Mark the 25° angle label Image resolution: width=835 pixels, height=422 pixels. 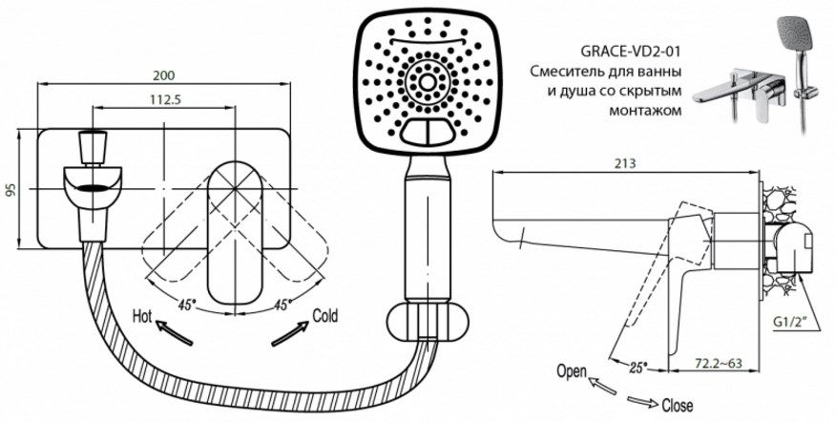click(x=638, y=365)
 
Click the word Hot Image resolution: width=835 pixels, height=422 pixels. click(x=143, y=314)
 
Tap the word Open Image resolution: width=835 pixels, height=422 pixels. click(x=573, y=370)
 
